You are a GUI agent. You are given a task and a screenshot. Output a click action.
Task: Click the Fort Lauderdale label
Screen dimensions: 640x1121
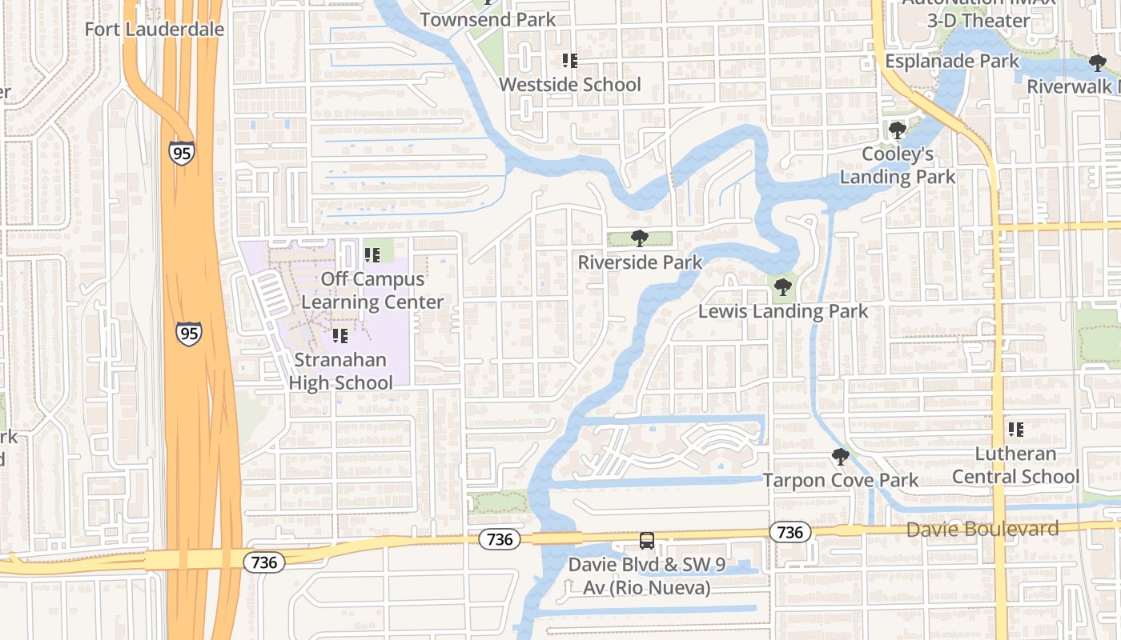point(155,30)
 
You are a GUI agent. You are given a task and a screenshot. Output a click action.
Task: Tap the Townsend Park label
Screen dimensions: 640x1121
point(488,19)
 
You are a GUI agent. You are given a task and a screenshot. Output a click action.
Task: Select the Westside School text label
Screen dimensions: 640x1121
point(570,84)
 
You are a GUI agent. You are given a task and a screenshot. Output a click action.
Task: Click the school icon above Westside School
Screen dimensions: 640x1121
point(570,61)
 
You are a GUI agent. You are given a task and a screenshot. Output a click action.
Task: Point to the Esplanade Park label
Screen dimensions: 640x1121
point(952,61)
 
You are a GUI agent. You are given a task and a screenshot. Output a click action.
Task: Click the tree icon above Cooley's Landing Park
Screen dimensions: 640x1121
point(897,130)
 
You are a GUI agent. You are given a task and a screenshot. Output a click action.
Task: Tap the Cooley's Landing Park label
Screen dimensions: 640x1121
point(898,165)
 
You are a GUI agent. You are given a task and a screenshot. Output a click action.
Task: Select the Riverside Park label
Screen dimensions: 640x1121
point(640,262)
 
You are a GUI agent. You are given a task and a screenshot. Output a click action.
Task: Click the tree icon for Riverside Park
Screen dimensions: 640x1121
point(639,238)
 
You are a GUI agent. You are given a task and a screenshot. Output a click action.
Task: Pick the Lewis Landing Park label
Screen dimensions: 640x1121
point(783,311)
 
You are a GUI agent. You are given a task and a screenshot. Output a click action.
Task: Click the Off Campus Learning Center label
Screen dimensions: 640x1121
point(372,290)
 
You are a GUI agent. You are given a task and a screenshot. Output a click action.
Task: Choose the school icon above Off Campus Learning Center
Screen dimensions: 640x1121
point(372,255)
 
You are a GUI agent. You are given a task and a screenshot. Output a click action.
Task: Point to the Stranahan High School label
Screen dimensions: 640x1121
point(340,371)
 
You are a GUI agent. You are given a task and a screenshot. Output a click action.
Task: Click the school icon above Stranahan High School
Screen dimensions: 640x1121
point(340,336)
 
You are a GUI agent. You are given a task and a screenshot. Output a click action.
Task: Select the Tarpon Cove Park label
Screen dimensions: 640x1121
point(841,480)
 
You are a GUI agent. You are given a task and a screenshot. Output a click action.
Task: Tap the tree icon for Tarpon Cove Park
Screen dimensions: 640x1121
point(840,457)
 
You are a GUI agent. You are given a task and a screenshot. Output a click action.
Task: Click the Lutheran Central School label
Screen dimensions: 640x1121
point(1015,465)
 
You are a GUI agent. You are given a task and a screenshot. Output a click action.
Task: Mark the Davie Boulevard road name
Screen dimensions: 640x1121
point(982,529)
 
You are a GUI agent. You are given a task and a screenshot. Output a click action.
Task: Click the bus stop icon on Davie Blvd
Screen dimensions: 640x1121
point(647,541)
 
